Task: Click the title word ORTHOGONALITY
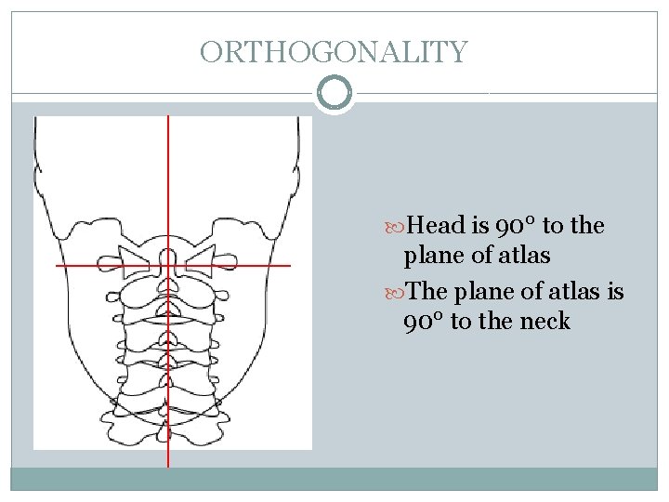334,52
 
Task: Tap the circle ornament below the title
334,94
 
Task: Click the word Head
438,226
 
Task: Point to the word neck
545,322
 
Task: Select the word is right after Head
483,226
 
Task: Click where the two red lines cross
168,266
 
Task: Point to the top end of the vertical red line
168,117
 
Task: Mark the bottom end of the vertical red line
168,465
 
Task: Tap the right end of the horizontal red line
289,266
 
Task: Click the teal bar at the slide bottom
334,479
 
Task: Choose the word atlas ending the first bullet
525,255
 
